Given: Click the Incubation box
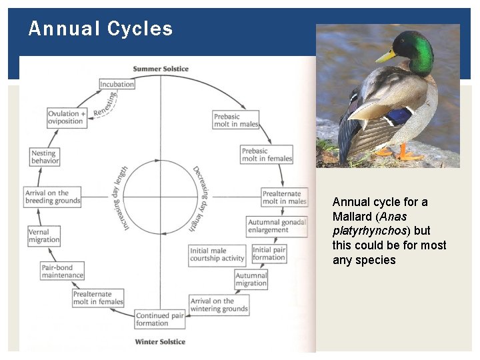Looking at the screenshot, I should (x=117, y=85).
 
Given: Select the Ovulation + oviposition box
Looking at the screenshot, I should (x=67, y=117).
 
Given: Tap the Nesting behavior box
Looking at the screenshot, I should (x=45, y=157).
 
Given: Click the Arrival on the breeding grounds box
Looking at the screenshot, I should (x=53, y=197).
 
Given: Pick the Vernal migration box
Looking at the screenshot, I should (x=44, y=236).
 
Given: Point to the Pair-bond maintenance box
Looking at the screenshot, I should (x=63, y=271).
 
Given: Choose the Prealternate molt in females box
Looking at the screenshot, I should (x=98, y=298).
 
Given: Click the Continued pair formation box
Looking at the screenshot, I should (x=160, y=319).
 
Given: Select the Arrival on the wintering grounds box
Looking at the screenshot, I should (x=219, y=305).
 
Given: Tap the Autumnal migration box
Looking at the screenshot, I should (x=251, y=279).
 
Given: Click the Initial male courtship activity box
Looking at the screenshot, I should (x=218, y=255).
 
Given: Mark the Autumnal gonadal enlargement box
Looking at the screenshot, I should (x=277, y=226).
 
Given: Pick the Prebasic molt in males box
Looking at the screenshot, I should (x=236, y=121).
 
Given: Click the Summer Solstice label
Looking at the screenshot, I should (x=161, y=69).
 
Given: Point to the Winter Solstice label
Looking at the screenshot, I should (x=160, y=342).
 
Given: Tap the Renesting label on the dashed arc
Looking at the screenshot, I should (x=105, y=104).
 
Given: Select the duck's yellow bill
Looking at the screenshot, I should (x=386, y=56).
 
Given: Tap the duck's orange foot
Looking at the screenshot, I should (x=407, y=155).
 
